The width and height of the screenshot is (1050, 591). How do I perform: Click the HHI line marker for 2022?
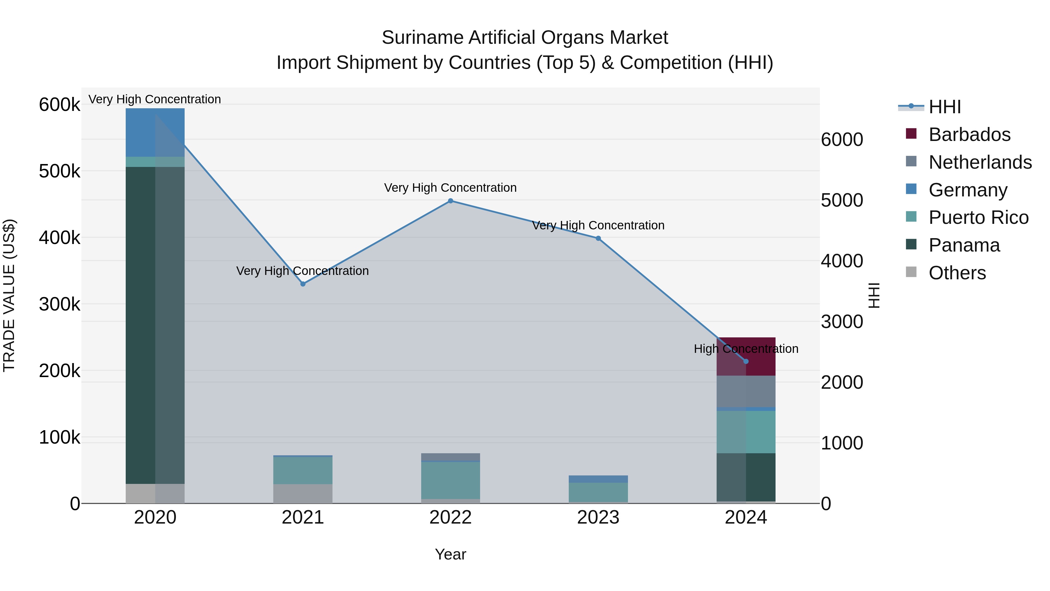point(450,201)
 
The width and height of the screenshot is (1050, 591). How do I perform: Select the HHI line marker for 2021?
point(303,284)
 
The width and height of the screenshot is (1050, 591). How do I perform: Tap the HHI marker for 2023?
point(598,239)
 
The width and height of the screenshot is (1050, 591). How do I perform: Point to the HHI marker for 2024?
point(746,361)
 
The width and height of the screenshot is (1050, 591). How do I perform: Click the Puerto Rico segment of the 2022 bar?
point(450,480)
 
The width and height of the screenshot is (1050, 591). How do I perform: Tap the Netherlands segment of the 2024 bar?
point(746,392)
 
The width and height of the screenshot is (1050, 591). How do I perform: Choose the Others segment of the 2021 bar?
point(303,494)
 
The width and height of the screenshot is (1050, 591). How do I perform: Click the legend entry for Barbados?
point(969,135)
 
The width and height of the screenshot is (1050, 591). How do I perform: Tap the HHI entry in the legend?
point(944,107)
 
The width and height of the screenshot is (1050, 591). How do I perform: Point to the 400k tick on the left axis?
point(60,238)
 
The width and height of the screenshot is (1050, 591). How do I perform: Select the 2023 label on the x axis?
point(598,517)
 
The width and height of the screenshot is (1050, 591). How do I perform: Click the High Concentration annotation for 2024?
point(746,349)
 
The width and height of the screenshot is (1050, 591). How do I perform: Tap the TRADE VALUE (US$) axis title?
point(9,295)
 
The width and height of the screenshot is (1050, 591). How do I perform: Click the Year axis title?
point(450,554)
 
